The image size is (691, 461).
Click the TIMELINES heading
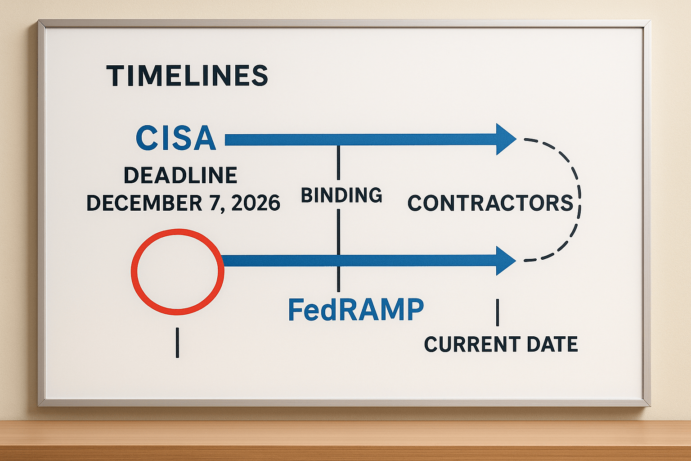(x=187, y=76)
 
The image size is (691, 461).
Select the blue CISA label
(x=176, y=138)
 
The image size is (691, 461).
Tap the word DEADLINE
(x=180, y=175)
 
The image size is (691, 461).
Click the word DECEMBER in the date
(x=145, y=203)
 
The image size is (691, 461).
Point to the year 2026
(x=256, y=203)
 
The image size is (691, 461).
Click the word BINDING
(x=341, y=195)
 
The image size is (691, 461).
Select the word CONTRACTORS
(x=490, y=203)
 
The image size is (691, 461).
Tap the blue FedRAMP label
(x=356, y=310)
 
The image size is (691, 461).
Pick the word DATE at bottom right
(x=552, y=344)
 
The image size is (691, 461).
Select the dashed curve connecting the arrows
(x=580, y=199)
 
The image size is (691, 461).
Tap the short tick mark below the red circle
(x=177, y=343)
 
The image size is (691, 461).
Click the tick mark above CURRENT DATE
(x=497, y=312)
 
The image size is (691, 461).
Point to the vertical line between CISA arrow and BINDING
(x=338, y=163)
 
